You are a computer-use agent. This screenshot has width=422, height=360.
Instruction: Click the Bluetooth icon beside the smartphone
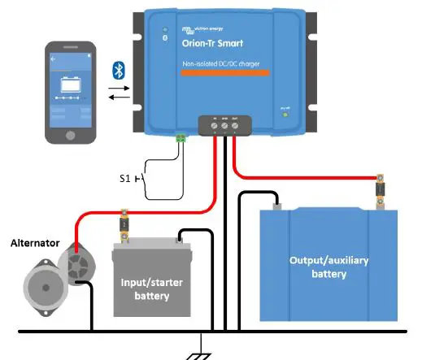(x=117, y=70)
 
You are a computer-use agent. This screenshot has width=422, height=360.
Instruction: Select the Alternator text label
(x=34, y=242)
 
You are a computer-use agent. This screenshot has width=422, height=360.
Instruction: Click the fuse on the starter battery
(x=124, y=225)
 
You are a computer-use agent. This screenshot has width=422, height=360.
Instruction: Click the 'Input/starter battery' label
(x=153, y=289)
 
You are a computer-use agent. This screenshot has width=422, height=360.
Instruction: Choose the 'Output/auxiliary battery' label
(x=328, y=267)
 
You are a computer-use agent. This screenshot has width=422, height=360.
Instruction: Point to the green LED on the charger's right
(x=284, y=114)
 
